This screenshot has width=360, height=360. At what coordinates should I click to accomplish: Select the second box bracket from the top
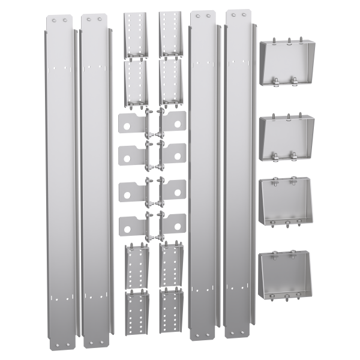[287, 137]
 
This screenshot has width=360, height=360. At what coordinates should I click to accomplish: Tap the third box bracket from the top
[287, 203]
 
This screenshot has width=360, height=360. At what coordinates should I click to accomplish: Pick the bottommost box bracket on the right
[287, 276]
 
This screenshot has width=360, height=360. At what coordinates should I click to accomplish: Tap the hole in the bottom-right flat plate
[179, 226]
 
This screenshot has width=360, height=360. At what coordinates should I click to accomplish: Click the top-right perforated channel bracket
[170, 33]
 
